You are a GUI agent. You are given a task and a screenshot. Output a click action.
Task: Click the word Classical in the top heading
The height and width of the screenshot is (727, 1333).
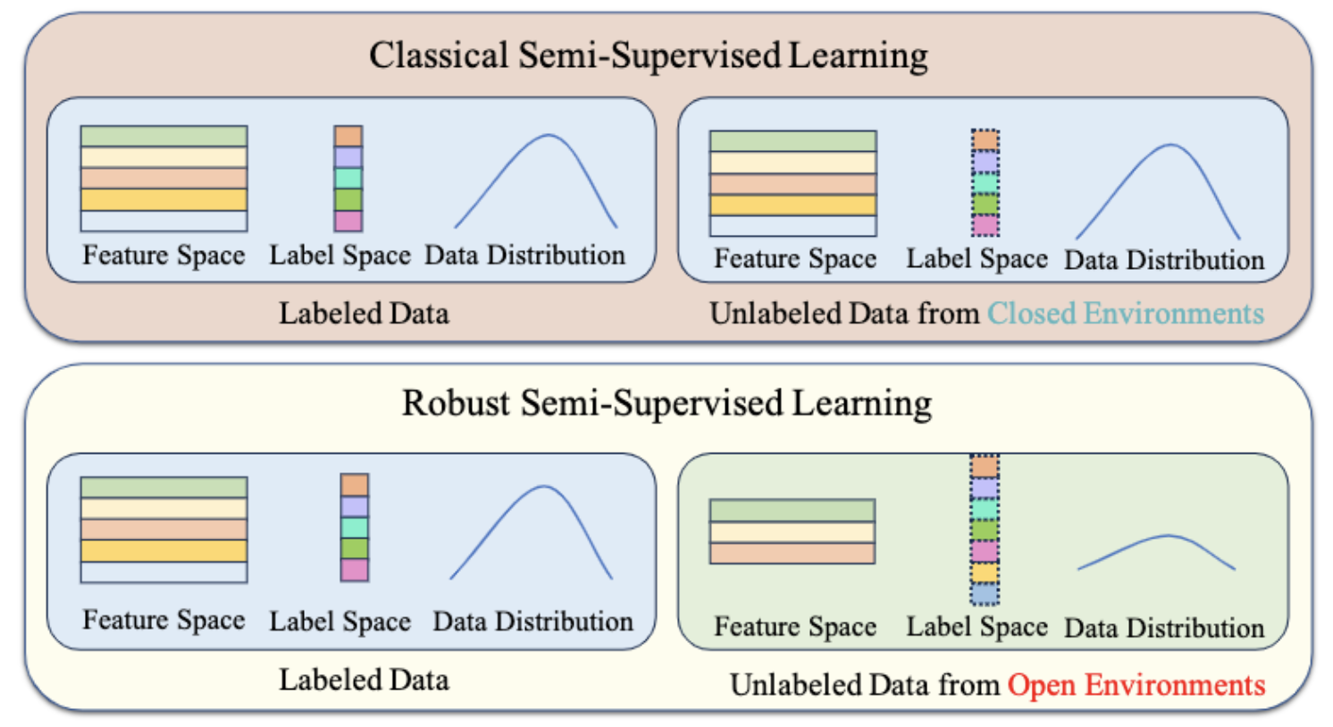coord(438,55)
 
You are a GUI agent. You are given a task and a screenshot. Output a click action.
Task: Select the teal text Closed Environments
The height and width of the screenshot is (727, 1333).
coord(1125,313)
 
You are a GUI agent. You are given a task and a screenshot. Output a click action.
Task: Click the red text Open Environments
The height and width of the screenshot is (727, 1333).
coord(1136,685)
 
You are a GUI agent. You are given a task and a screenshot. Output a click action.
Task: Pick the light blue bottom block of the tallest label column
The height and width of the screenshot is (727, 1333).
coord(985,594)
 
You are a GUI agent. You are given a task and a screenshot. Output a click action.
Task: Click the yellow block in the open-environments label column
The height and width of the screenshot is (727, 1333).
coord(985,572)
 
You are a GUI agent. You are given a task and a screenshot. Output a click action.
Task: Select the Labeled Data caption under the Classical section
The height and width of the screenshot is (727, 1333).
coord(364,313)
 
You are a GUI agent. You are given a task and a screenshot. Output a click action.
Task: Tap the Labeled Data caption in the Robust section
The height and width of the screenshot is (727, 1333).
coord(364,681)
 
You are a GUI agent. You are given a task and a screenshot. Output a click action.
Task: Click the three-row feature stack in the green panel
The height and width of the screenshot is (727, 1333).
coord(792,531)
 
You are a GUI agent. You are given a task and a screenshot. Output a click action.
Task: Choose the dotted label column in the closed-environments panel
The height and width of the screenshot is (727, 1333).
coord(985,183)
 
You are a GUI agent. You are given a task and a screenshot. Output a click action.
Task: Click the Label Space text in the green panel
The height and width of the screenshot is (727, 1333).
coord(977,627)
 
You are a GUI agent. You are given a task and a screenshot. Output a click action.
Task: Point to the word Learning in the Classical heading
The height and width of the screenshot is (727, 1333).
coord(858,55)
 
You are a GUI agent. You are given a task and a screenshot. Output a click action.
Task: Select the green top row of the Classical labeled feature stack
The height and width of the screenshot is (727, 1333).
coord(163,136)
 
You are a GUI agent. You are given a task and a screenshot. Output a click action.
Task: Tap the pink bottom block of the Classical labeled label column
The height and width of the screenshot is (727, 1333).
coord(348,221)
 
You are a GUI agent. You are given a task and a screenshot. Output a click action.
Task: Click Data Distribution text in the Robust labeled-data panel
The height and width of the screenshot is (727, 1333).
coord(532,622)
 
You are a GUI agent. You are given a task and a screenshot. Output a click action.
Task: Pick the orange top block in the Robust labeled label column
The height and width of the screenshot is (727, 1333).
coord(354,485)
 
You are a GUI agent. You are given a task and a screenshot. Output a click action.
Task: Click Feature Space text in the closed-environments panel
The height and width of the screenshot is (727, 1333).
coord(794,259)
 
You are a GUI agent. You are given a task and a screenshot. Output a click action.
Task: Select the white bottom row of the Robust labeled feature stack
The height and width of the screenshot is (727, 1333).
coord(163,572)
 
